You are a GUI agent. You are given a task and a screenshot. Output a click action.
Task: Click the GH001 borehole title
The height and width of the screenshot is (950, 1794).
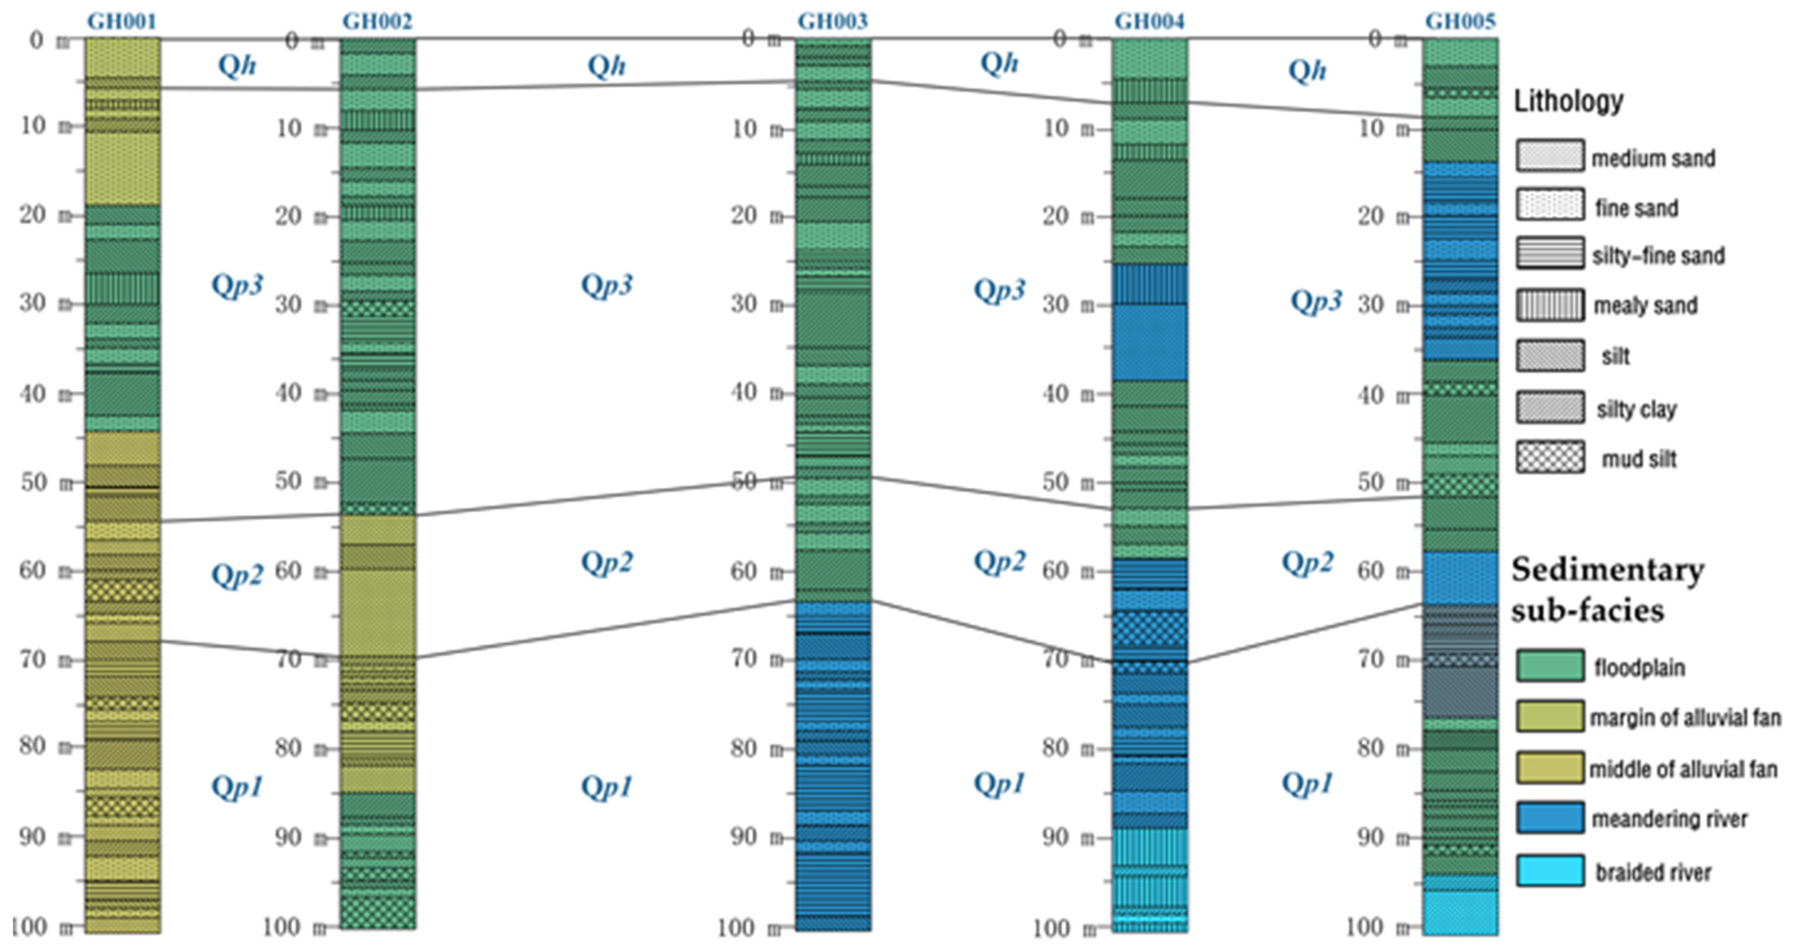(x=122, y=21)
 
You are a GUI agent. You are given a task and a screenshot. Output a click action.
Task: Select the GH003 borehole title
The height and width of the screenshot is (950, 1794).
(x=833, y=21)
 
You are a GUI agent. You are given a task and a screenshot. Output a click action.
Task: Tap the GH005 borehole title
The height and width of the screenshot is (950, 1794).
(x=1460, y=21)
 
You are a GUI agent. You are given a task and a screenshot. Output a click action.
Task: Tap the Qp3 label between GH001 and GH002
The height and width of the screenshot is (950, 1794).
(x=237, y=285)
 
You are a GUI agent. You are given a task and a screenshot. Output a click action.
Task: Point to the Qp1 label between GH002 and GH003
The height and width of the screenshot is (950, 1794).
(x=607, y=787)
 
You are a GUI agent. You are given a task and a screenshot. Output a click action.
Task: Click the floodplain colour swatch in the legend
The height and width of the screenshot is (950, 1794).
(x=1550, y=666)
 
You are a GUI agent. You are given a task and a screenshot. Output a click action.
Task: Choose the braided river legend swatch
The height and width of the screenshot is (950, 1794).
(x=1550, y=871)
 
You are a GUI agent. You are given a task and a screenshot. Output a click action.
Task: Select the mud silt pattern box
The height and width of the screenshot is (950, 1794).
(x=1550, y=458)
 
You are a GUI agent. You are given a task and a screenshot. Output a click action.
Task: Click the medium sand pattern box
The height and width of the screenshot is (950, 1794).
(x=1550, y=156)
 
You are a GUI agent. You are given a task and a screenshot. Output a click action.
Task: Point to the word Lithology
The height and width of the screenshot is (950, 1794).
(x=1568, y=102)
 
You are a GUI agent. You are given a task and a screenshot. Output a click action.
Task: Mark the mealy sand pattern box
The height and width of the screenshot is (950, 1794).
(x=1550, y=305)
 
